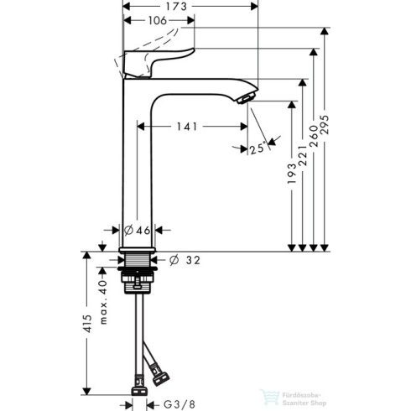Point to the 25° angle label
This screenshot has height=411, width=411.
(x=258, y=148)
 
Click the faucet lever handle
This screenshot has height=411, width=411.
(x=159, y=60)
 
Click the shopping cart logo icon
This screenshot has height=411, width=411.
(x=271, y=393)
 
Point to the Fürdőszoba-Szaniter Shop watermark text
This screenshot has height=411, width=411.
(x=303, y=393)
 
